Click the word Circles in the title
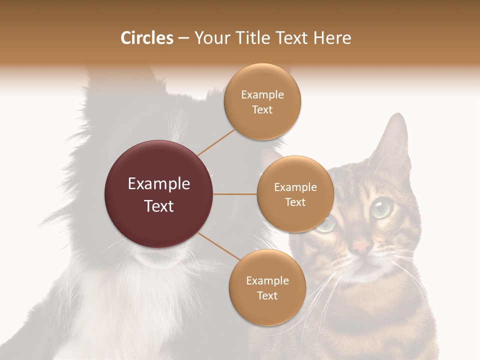tap(146, 38)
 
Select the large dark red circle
tap(159, 194)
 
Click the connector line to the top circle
tap(216, 141)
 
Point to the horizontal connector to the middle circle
tap(235, 194)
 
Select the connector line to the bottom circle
tap(218, 246)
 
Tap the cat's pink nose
tap(362, 245)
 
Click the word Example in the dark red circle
tap(159, 183)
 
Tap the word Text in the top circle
tap(262, 109)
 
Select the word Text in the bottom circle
tap(267, 295)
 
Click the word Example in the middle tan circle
tap(295, 187)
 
